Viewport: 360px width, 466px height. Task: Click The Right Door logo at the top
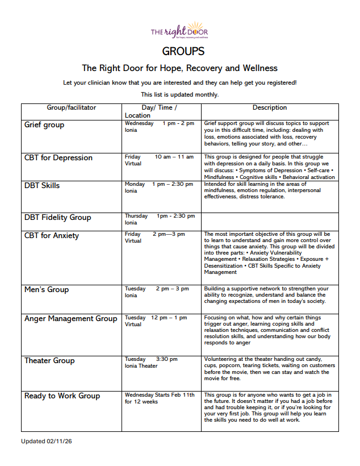coord(179,31)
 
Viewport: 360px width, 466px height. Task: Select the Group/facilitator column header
coord(72,107)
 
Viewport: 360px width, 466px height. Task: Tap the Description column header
coord(270,107)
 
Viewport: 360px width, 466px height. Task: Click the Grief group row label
coord(44,125)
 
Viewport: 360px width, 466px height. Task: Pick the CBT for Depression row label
coord(58,158)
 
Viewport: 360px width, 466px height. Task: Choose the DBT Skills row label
coord(42,185)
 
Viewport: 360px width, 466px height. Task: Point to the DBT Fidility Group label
coord(57,217)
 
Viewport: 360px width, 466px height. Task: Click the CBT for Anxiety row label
coord(52,235)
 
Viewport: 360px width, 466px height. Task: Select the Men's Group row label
coord(47,290)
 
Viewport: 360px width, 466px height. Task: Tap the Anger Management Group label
coord(70,319)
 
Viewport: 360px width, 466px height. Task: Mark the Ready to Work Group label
coord(62,396)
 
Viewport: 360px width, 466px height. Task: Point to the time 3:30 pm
coord(166,359)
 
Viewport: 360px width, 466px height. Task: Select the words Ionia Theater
coord(141,366)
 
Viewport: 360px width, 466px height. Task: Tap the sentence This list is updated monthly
coord(179,94)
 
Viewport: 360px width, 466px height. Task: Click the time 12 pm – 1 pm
coord(169,318)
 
